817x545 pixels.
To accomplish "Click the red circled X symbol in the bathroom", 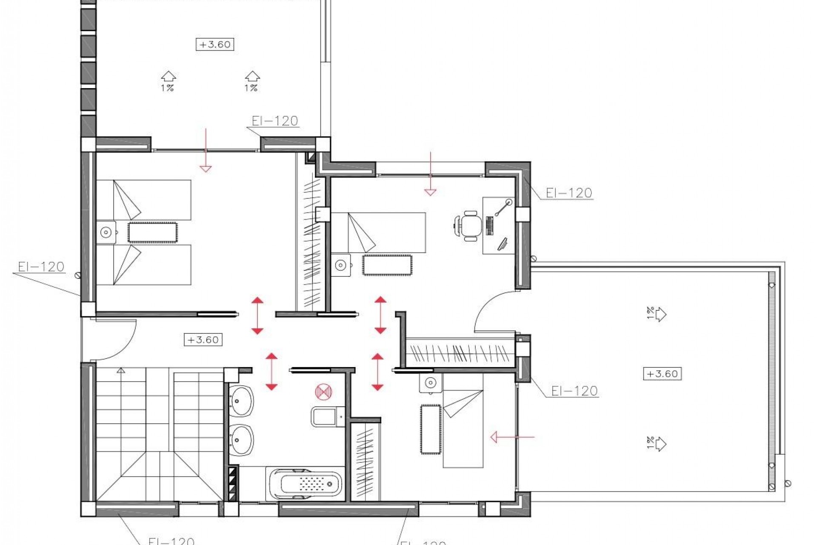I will point(323,391).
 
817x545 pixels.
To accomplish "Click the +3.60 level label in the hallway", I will point(203,340).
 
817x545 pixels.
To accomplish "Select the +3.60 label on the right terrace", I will point(662,374).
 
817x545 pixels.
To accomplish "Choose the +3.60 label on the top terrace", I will point(215,44).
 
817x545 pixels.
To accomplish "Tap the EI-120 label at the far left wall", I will point(41,267).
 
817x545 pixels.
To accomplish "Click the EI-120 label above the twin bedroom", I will point(274,121).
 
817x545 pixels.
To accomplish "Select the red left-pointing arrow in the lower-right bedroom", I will point(512,437).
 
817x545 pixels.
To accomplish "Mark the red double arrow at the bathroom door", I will point(271,371).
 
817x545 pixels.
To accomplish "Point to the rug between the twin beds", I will point(152,232).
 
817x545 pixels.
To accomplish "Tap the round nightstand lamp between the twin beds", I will point(106,232).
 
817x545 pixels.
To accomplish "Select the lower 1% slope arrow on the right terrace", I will point(657,444).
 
